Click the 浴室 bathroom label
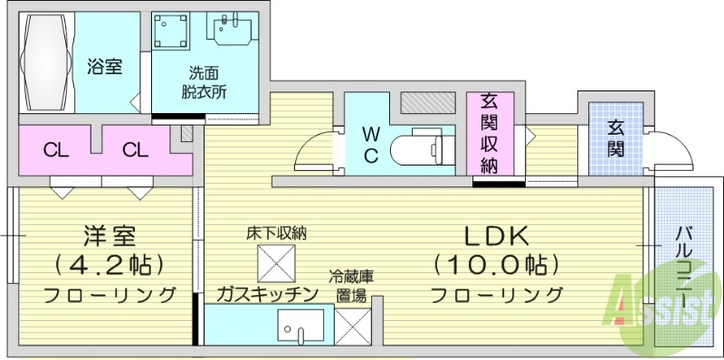click(x=105, y=66)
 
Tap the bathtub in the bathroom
click(x=48, y=62)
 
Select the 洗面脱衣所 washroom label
click(x=203, y=82)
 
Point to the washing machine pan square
click(x=174, y=33)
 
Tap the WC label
click(x=371, y=144)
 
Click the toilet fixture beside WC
click(x=424, y=147)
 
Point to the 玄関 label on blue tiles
click(x=615, y=137)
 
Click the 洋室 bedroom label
click(x=110, y=237)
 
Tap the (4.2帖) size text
click(x=110, y=265)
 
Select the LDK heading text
click(x=495, y=236)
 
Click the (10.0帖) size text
click(x=495, y=265)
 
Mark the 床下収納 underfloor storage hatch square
click(x=276, y=262)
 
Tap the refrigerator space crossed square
click(x=351, y=326)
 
